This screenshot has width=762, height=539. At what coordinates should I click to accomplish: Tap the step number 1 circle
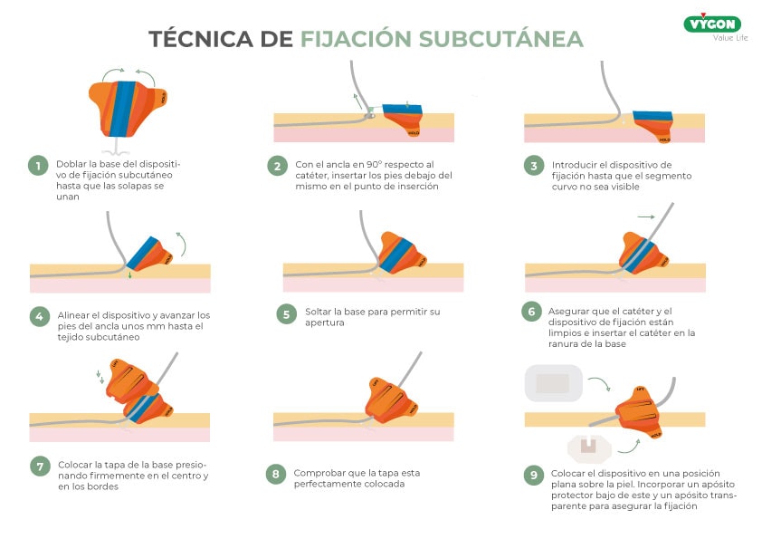pos(37,165)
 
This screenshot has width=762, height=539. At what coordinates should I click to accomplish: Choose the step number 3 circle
pos(534,166)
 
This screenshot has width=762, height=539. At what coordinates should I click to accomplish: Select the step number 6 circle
pos(531,312)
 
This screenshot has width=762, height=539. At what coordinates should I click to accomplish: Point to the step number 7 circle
pos(40,467)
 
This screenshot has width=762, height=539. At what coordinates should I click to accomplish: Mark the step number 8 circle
pos(276,474)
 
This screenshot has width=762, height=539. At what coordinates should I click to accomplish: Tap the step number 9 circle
pos(534,474)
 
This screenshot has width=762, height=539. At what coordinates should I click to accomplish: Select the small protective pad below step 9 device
pos(586,446)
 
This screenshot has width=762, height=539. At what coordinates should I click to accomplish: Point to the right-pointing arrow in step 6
pos(645,217)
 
